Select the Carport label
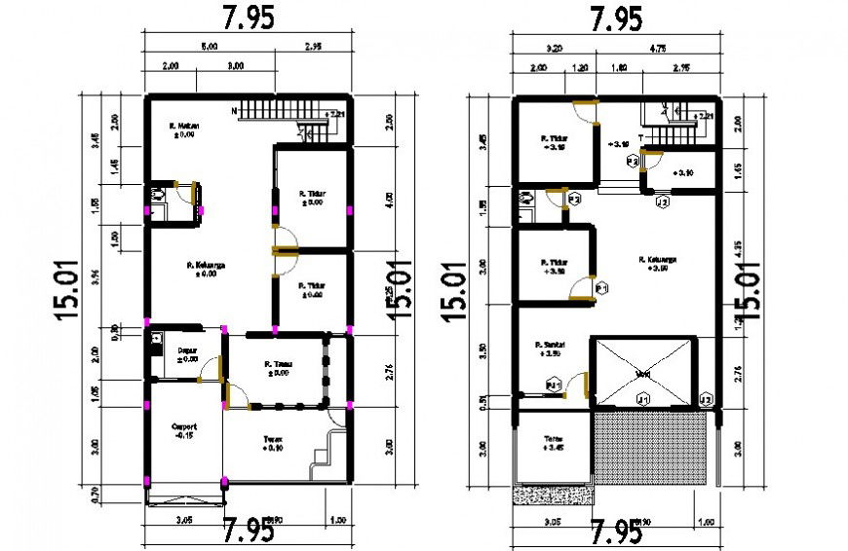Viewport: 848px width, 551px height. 184,426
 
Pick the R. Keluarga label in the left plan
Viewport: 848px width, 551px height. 201,264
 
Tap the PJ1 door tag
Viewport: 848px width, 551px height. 553,386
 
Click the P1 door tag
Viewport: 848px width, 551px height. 601,289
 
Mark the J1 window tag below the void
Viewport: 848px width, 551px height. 642,399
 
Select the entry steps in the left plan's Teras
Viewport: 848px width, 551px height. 328,452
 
